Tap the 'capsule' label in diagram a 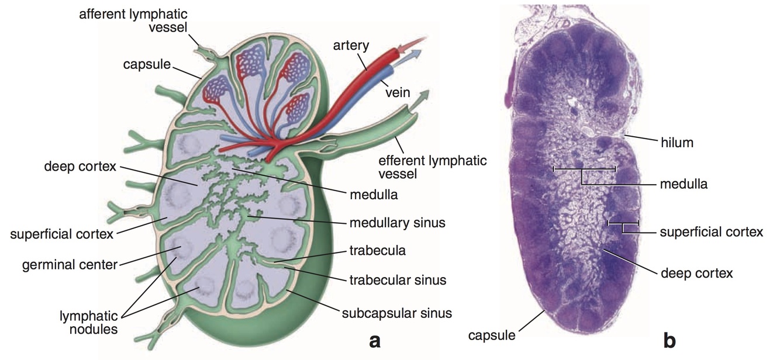(146, 65)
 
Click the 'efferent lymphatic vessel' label (432, 167)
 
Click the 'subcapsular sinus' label (396, 313)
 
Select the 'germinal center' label (70, 265)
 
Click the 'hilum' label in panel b (677, 141)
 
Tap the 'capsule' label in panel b (492, 335)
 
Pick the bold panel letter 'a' (375, 340)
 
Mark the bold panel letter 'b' (670, 339)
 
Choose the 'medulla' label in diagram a (374, 195)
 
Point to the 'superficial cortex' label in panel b (712, 232)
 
